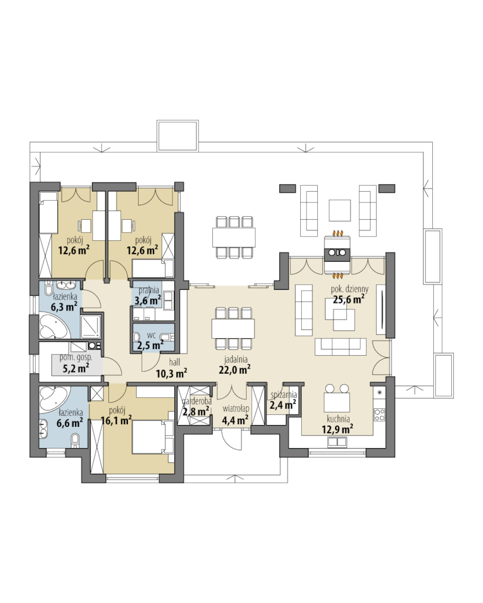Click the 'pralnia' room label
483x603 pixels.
[x=149, y=290]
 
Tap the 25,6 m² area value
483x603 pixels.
[x=348, y=299]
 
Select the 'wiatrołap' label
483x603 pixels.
[x=236, y=408]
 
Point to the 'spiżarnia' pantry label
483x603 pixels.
[x=283, y=395]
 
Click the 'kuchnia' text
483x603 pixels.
[x=338, y=419]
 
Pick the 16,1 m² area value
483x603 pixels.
[x=116, y=421]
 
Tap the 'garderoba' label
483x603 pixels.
[x=197, y=402]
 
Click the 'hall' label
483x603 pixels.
[x=174, y=362]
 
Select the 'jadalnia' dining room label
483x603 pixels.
[x=236, y=360]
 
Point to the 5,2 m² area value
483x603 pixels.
[x=76, y=368]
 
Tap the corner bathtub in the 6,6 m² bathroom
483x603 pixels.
[x=54, y=400]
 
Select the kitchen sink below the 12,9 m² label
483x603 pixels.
[x=337, y=442]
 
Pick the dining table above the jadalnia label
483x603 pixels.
[x=233, y=329]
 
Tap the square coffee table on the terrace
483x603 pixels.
[x=340, y=210]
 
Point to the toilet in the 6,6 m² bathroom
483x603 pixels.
[x=75, y=439]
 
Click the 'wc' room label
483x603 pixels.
[x=151, y=335]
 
